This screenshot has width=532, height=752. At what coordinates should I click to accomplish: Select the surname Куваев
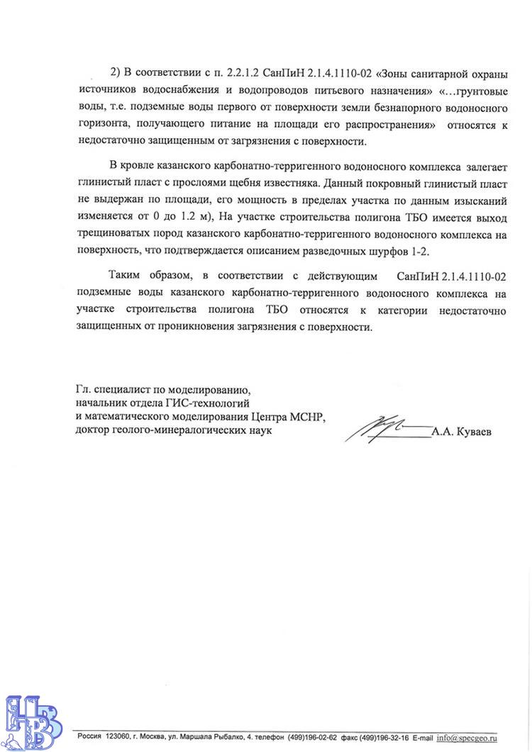click(x=471, y=430)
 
